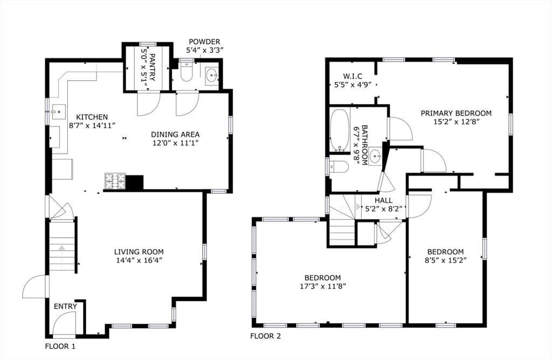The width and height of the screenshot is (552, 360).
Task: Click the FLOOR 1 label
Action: pos(60,347)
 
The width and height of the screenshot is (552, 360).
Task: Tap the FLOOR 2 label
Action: pos(265,336)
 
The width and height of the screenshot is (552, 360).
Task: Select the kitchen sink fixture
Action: pos(58,112)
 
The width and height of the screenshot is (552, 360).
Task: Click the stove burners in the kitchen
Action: pos(115,181)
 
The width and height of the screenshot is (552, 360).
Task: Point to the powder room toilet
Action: pos(186,72)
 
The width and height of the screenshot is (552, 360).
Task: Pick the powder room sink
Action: pos(211,74)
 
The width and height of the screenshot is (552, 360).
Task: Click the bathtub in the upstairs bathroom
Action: pos(340,130)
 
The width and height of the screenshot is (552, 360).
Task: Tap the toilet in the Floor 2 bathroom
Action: pos(340,167)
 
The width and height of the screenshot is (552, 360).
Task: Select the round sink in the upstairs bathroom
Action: pos(376,155)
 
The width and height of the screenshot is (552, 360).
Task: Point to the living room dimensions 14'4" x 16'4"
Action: pos(139,260)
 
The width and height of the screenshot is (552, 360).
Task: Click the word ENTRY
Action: pos(65,307)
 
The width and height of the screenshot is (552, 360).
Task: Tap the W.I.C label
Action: pos(353,77)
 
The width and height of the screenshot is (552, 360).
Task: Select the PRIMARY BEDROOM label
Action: pos(456,113)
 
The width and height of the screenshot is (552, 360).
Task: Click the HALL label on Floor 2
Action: pos(383,200)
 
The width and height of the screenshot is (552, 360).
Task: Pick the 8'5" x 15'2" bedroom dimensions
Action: pos(445,260)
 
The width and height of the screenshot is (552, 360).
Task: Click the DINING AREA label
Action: pos(175,134)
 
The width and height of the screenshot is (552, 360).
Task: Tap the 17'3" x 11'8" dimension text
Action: pos(323,286)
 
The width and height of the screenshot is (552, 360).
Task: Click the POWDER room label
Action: pos(204,42)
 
